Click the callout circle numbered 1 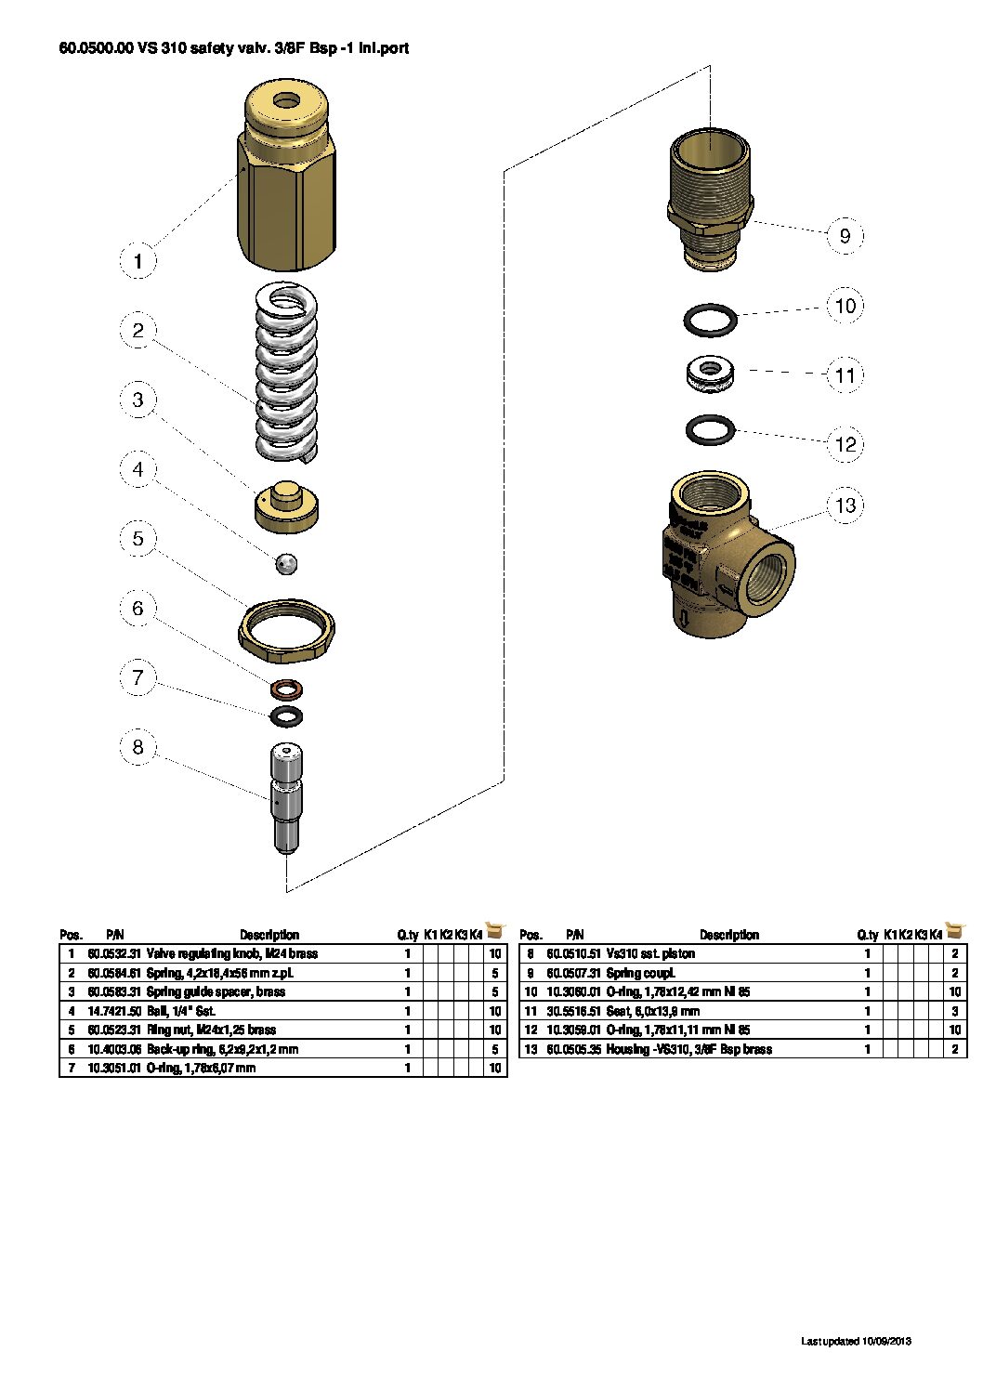click(138, 261)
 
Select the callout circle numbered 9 click(845, 236)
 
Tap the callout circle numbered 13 click(845, 505)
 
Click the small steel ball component click(288, 562)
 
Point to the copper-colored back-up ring click(287, 689)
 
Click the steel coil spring click(286, 372)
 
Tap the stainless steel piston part click(286, 799)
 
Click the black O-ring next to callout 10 click(711, 321)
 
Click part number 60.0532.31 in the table click(114, 954)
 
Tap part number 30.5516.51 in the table click(573, 1011)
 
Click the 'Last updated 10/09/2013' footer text click(856, 1341)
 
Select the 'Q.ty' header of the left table click(407, 935)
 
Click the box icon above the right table click(954, 930)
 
